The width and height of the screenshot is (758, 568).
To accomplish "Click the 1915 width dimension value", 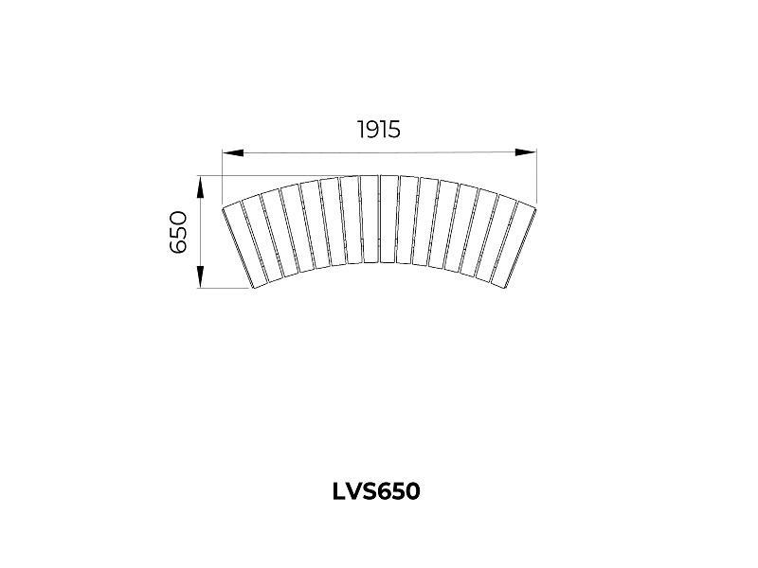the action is pos(379,130).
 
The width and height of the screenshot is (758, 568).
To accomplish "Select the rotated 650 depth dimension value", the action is pos(178,232).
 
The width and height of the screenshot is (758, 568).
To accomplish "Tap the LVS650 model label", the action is pos(376,491).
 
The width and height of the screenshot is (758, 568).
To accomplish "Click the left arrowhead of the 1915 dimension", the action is pos(232,152).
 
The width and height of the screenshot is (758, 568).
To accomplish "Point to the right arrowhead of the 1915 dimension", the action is pos(526,152).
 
